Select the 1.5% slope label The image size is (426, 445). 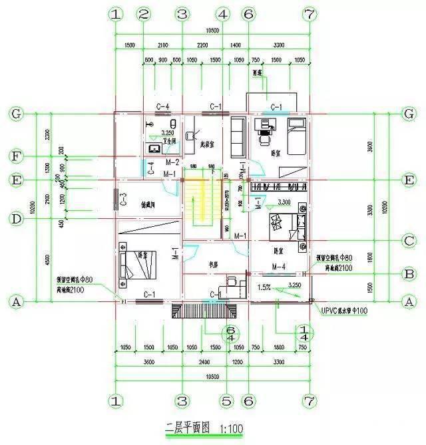(x=264, y=287)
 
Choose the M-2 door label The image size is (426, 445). (x=172, y=162)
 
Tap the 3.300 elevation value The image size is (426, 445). (x=284, y=201)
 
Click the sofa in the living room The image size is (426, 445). (x=236, y=134)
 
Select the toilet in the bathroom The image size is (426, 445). (x=173, y=124)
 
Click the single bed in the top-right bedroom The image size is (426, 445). (x=296, y=136)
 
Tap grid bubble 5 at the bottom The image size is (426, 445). (x=226, y=401)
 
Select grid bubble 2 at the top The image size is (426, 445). (x=142, y=14)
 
